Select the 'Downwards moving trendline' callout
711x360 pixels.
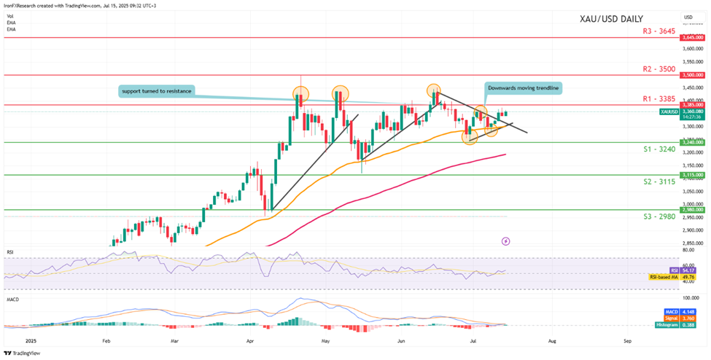[523, 87]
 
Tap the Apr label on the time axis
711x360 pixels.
[249, 340]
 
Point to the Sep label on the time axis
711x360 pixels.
[627, 340]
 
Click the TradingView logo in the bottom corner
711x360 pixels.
[22, 353]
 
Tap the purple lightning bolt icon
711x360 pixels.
[505, 240]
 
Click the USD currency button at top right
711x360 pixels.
[688, 17]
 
